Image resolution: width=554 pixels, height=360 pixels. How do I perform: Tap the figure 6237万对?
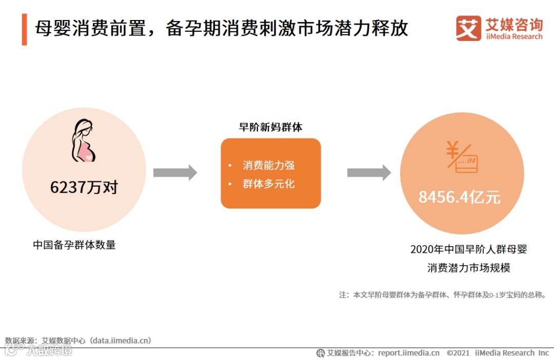pos(84,187)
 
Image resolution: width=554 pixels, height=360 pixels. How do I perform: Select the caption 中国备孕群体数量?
pos(74,245)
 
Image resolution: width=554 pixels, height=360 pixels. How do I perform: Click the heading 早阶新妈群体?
pos(270,128)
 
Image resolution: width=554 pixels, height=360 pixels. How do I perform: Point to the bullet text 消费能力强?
pos(268,165)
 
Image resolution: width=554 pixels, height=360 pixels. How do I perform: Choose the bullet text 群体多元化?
pos(268,184)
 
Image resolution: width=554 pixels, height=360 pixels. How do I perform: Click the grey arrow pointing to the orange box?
pos(175,173)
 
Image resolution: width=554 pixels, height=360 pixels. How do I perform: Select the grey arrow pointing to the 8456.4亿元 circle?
pos(369,173)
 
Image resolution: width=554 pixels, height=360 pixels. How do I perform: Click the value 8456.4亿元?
pos(460,197)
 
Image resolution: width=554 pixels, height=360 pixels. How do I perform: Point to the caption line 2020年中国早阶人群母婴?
pos(469,250)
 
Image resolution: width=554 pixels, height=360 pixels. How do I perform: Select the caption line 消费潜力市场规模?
pos(469,268)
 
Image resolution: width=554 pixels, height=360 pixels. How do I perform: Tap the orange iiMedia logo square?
pos(468,28)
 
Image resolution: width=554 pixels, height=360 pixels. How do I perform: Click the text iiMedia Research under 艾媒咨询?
pos(513,37)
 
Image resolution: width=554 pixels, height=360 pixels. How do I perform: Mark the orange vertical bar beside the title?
pos(24,29)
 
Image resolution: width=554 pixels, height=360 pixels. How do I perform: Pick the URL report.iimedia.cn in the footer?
pos(408,353)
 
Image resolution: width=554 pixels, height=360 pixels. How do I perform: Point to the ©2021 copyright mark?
pos(458,353)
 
